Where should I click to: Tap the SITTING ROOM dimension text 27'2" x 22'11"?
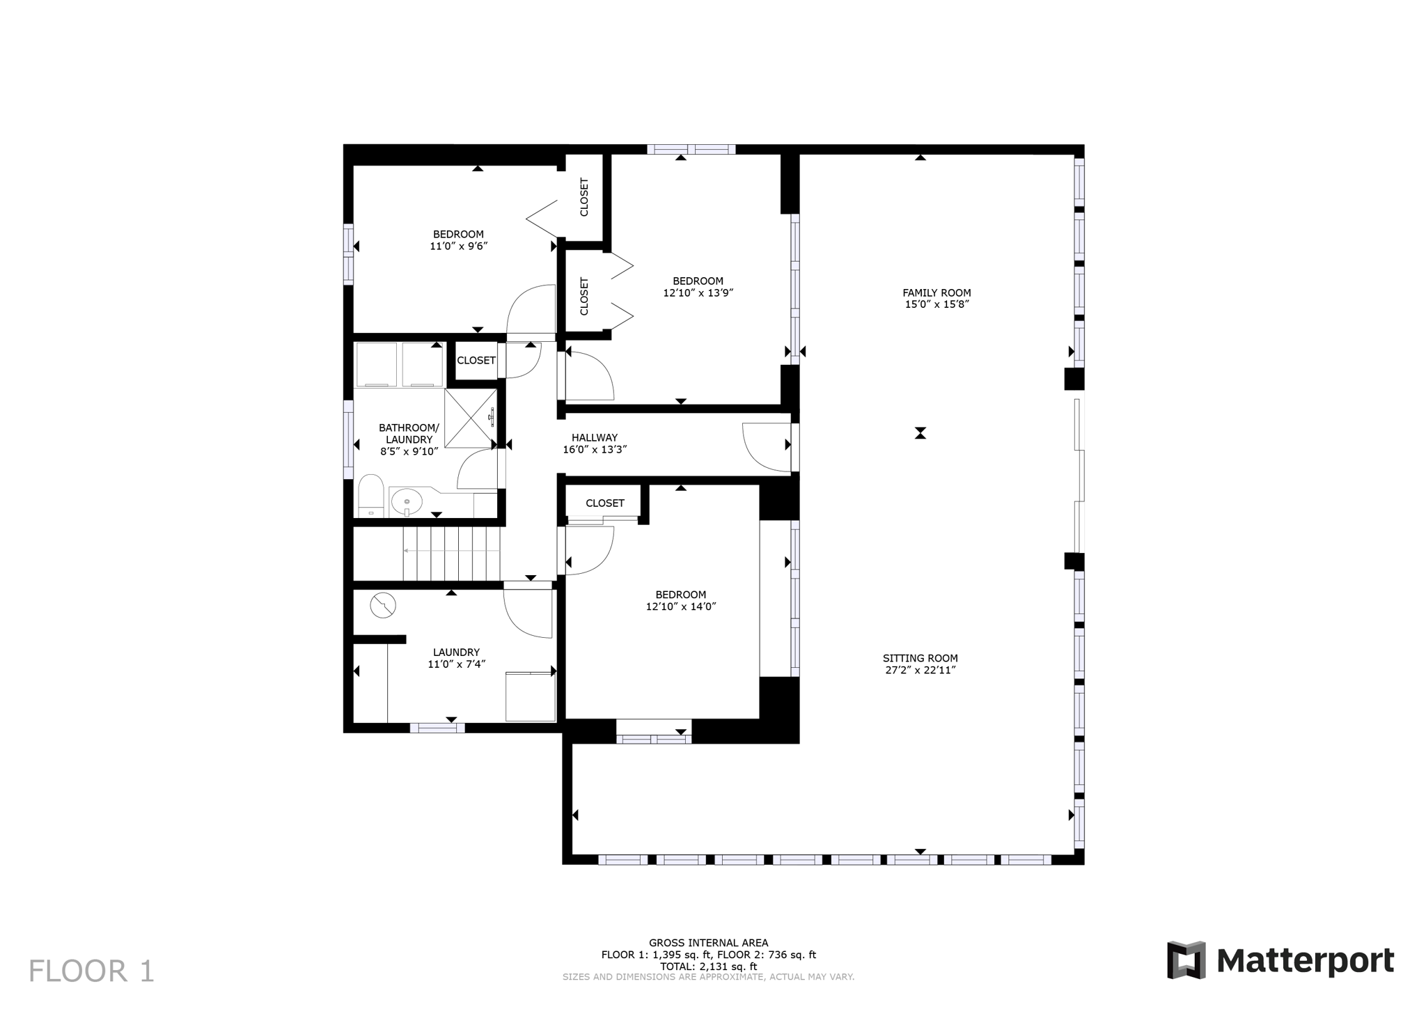point(920,670)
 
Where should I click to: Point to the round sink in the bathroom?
point(406,501)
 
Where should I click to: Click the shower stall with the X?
point(470,418)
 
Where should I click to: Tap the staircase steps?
point(451,553)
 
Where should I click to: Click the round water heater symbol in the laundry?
point(382,605)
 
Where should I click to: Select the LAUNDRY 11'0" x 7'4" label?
point(456,658)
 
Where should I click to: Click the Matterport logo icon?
point(1186,960)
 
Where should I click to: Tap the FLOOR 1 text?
point(91,971)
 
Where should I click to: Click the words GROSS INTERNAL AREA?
point(708,943)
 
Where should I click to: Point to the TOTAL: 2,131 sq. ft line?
point(708,966)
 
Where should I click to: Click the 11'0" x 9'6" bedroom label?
point(458,240)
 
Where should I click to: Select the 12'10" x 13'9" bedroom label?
point(698,287)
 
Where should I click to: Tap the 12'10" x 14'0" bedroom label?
point(680,600)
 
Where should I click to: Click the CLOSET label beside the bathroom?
point(476,360)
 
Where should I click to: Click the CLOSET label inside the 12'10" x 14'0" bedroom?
point(604,503)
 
